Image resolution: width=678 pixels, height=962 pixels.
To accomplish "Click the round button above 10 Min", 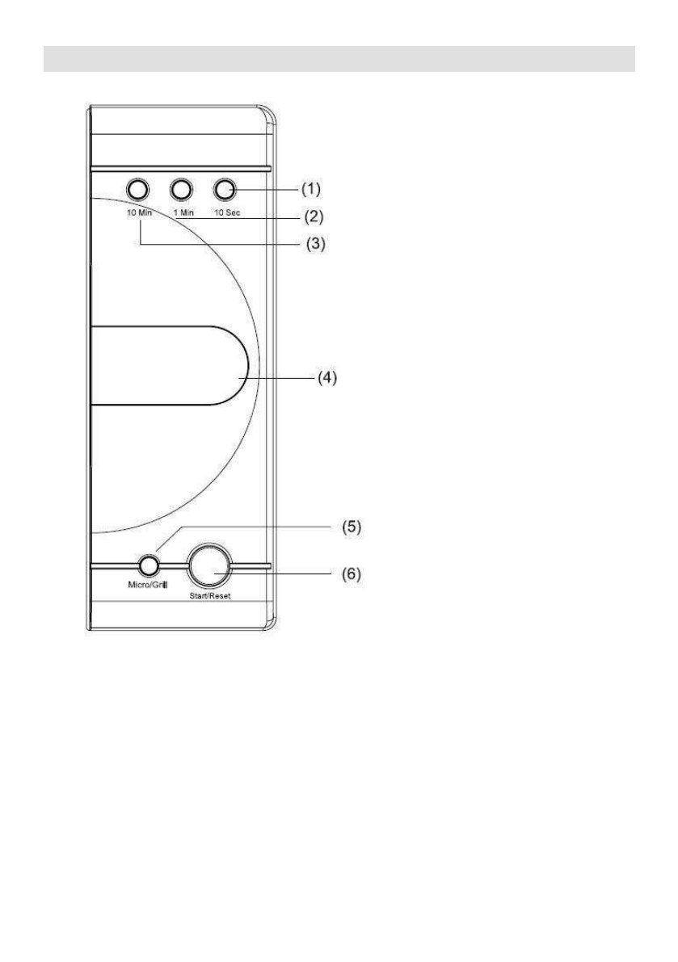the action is point(138,190).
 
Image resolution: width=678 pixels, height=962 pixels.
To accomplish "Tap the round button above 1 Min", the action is point(181,190).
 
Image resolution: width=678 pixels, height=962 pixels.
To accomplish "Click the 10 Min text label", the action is point(139,213).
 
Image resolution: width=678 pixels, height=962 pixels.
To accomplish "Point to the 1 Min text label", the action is point(183,213).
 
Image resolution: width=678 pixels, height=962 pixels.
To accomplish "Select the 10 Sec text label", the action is point(227,213).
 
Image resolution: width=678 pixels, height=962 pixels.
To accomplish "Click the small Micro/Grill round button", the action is point(148,565).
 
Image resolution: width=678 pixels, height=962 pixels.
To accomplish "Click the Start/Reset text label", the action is point(210,596).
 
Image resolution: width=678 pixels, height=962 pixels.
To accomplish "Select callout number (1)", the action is point(310,189).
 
